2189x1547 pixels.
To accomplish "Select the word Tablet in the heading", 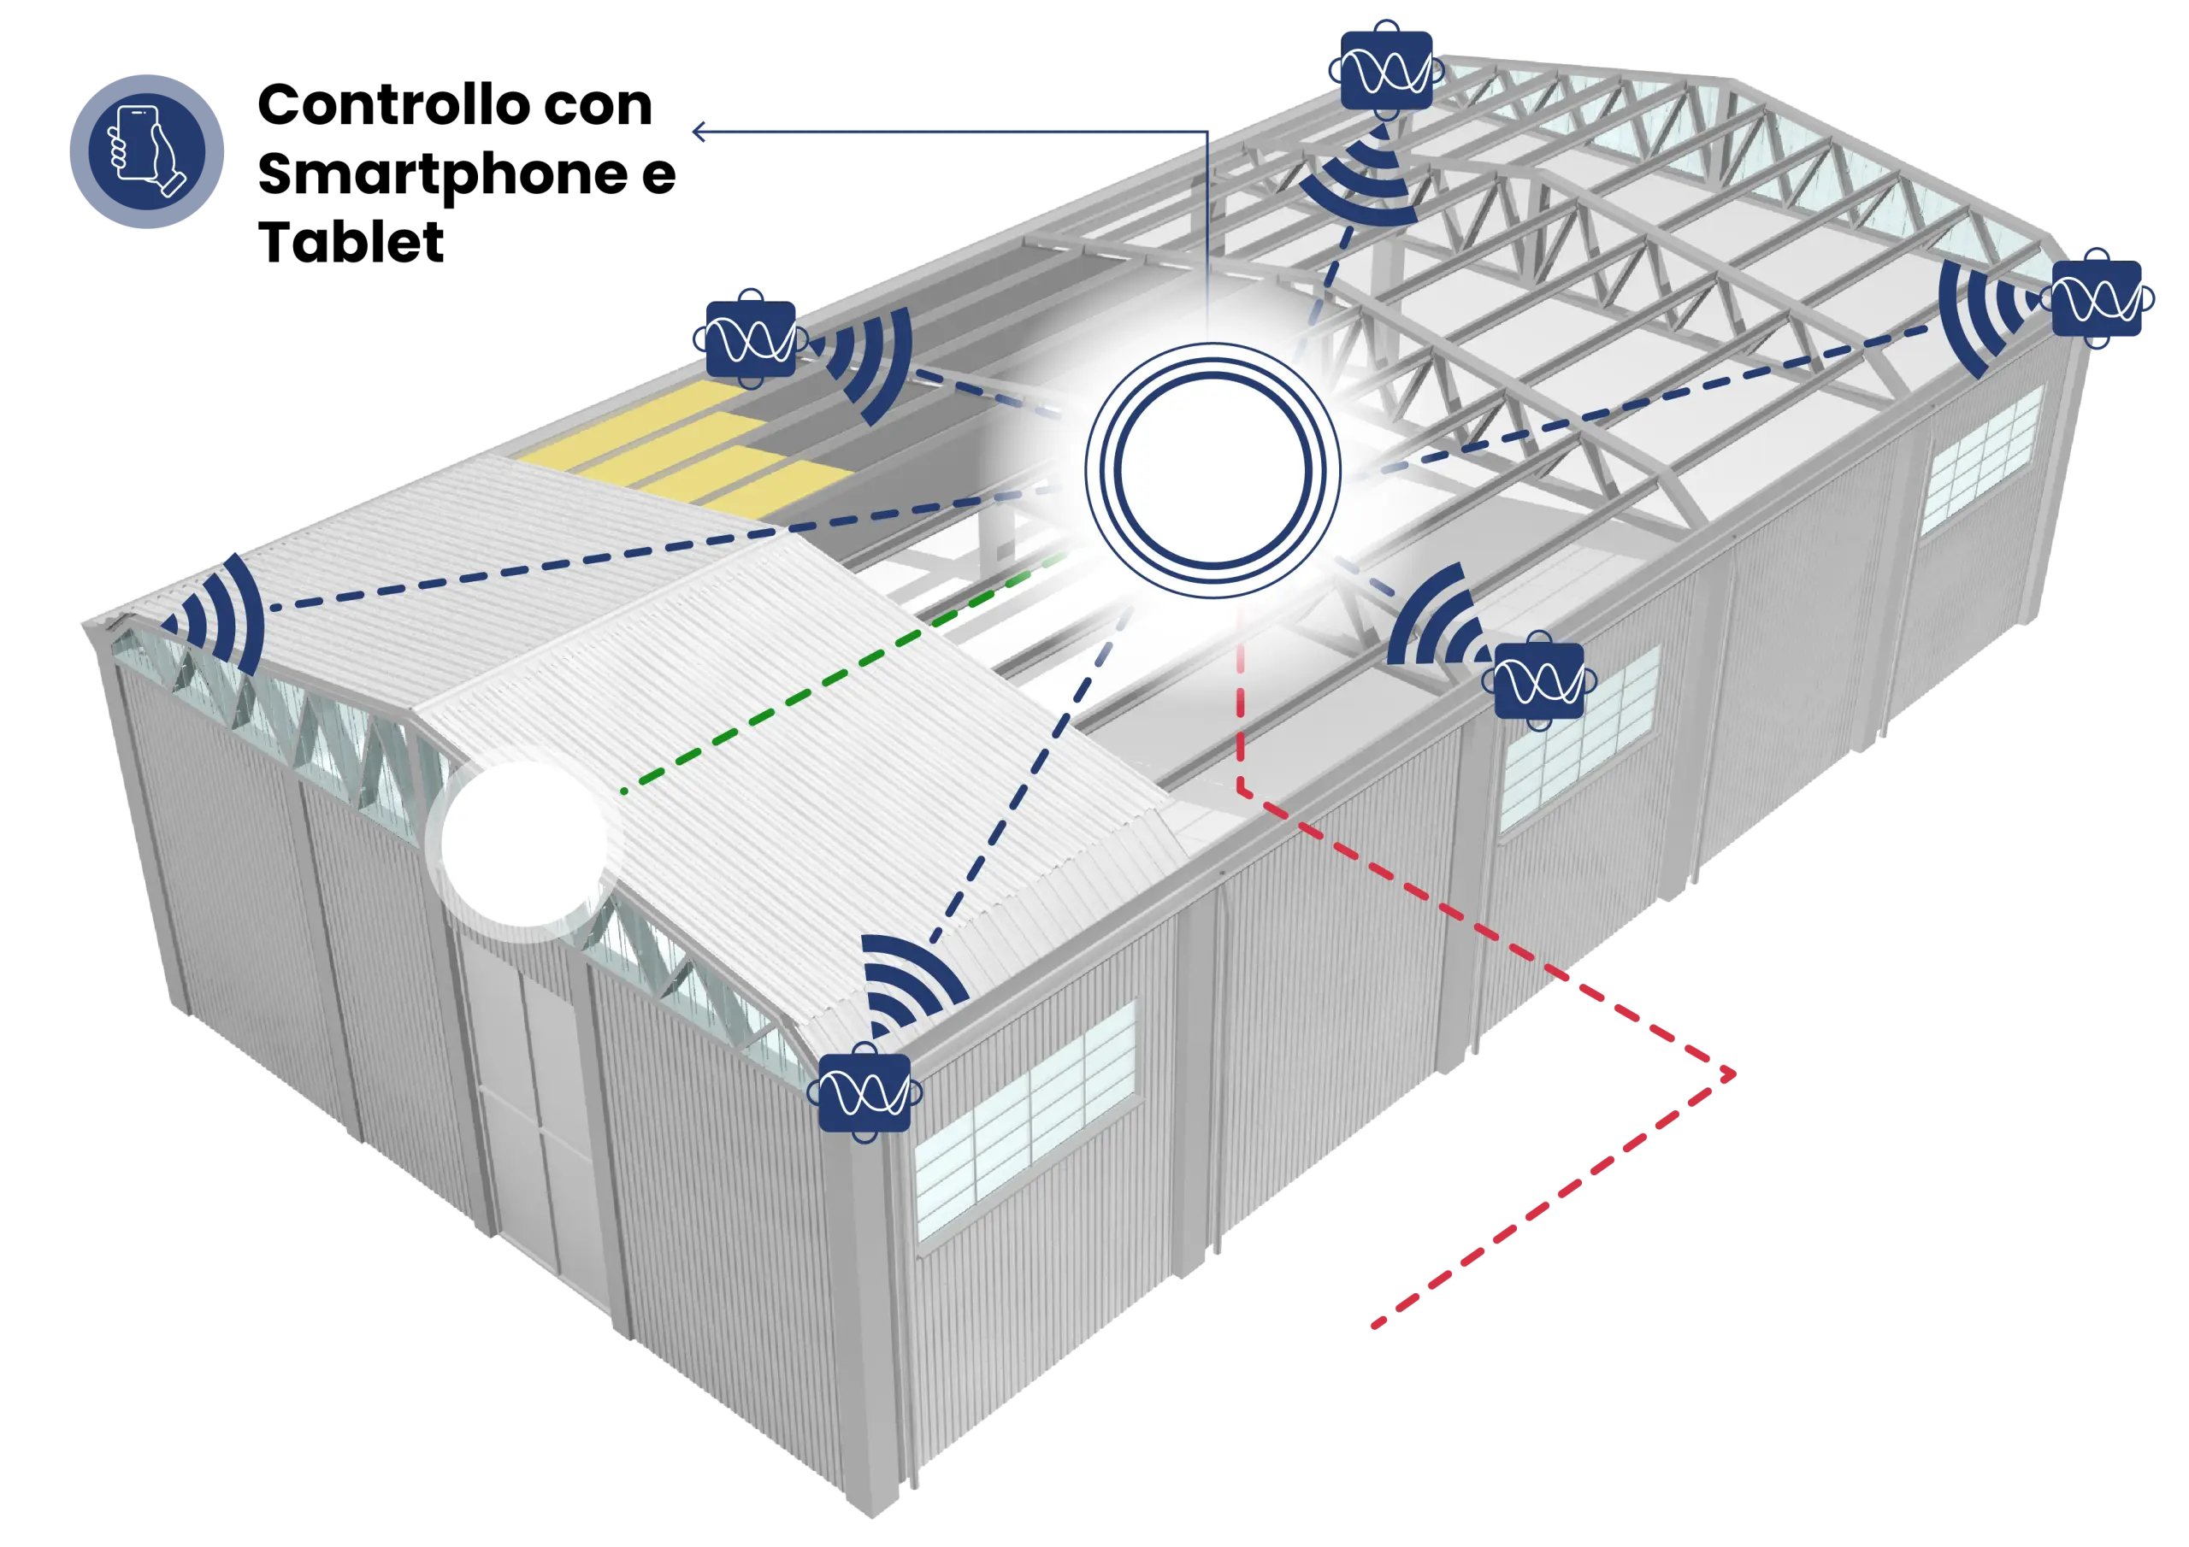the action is point(351,242).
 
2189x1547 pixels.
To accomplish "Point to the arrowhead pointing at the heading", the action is point(698,132).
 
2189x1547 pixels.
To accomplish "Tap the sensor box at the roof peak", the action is point(1386,69).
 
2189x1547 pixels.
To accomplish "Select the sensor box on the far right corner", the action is point(2097,298).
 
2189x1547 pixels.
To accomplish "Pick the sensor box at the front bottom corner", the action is point(864,1092).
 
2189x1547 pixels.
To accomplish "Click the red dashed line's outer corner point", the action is point(1732,1074).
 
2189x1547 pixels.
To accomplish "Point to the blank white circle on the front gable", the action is point(522,844).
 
